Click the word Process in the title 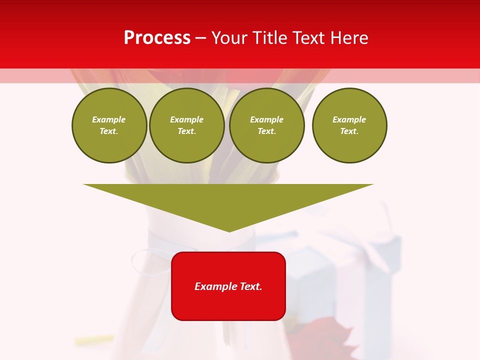(x=157, y=38)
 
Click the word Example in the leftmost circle (x=109, y=119)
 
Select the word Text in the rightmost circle (x=349, y=131)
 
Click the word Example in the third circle (x=266, y=119)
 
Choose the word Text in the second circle (x=186, y=131)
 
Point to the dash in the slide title (x=200, y=38)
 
